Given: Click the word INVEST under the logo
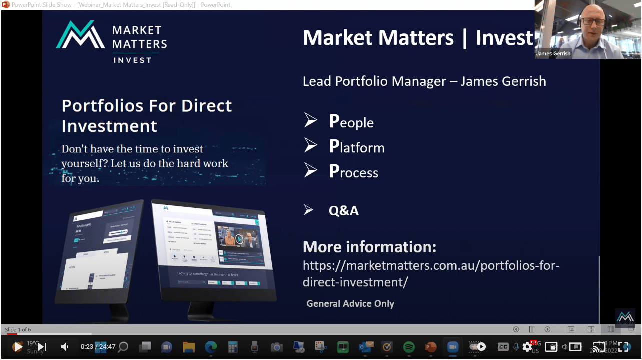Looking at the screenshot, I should pyautogui.click(x=132, y=60).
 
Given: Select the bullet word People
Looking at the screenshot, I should pyautogui.click(x=351, y=122).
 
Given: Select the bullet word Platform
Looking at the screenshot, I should pyautogui.click(x=357, y=147).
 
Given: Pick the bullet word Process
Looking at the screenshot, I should pyautogui.click(x=353, y=172).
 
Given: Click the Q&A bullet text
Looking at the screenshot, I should pyautogui.click(x=343, y=210).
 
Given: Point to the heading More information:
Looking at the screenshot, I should pyautogui.click(x=370, y=247).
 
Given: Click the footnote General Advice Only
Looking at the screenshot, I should pyautogui.click(x=350, y=303).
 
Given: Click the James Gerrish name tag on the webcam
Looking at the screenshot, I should pyautogui.click(x=553, y=53).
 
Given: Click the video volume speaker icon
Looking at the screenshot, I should pyautogui.click(x=65, y=346).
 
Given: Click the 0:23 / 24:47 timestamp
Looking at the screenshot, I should pyautogui.click(x=98, y=346).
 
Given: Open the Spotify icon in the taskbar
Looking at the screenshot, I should pyautogui.click(x=409, y=347).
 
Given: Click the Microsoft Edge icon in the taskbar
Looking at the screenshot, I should pyautogui.click(x=210, y=347).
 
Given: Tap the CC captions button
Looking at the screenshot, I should pyautogui.click(x=503, y=347).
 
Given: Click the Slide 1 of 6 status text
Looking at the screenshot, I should pyautogui.click(x=18, y=329).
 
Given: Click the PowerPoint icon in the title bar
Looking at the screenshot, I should pyautogui.click(x=6, y=4).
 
